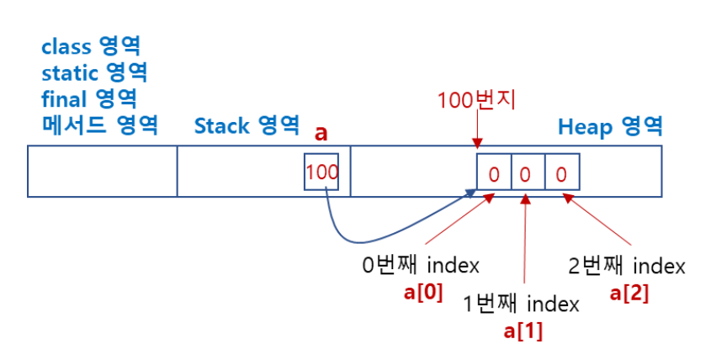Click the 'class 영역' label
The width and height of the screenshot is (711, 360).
pyautogui.click(x=90, y=46)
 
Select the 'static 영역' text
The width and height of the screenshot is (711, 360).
pyautogui.click(x=95, y=72)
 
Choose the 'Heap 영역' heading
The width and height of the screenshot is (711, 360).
pyautogui.click(x=610, y=127)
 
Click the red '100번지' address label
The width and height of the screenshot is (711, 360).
pyautogui.click(x=476, y=101)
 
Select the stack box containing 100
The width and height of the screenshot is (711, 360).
pyautogui.click(x=321, y=172)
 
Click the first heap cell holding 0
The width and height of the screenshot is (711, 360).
pyautogui.click(x=494, y=175)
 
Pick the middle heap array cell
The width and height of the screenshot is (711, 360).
pyautogui.click(x=528, y=175)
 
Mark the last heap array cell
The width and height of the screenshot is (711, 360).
pyautogui.click(x=561, y=175)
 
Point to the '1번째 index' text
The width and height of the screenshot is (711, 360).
pyautogui.click(x=522, y=304)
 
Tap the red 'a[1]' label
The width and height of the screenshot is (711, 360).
pyautogui.click(x=523, y=331)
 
